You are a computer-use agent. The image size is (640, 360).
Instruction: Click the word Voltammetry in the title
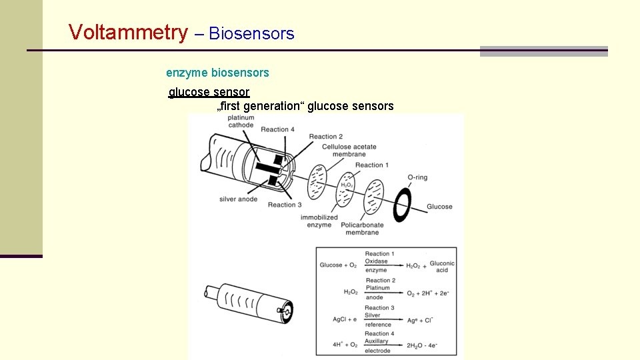128,32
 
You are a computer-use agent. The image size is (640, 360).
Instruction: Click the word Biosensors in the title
251,34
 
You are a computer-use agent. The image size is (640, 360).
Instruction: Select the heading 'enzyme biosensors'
217,73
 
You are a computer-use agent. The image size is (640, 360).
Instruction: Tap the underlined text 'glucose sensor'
209,92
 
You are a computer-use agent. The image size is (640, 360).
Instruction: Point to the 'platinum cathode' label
241,121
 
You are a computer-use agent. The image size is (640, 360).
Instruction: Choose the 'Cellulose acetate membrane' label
349,151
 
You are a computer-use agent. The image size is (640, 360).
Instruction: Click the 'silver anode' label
238,199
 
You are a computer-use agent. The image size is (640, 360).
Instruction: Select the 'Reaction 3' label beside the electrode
285,205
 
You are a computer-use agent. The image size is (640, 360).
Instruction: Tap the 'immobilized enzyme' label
319,221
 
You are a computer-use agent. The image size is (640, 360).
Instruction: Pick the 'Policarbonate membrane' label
362,229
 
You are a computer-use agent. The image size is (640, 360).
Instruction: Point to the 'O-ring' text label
417,177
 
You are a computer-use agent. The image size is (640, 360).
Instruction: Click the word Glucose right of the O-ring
439,207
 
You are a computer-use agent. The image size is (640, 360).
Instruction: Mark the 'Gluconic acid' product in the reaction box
442,267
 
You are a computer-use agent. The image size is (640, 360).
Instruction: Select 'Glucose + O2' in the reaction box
338,265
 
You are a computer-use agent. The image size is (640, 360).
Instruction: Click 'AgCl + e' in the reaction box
345,319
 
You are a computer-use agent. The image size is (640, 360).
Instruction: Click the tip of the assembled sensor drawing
287,311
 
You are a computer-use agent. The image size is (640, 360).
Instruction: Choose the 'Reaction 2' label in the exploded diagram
326,137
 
